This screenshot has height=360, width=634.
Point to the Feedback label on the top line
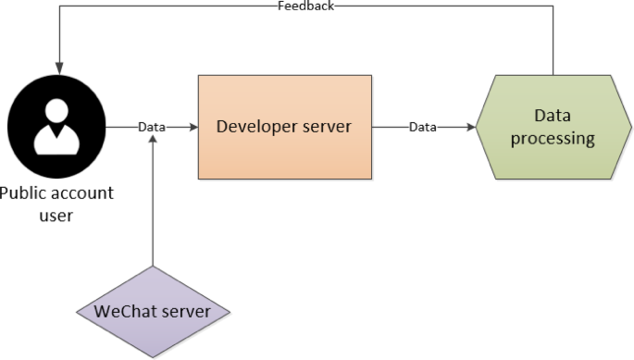pos(305,6)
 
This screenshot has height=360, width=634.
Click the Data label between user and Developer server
pos(152,127)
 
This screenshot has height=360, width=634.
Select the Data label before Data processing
pos(423,127)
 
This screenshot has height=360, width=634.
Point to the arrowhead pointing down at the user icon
pos(57,69)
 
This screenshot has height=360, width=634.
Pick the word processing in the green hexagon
pos(553,139)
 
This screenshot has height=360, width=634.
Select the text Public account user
pos(55,204)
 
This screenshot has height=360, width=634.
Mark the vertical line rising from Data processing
pos(553,42)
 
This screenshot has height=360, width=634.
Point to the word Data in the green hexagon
pos(553,116)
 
